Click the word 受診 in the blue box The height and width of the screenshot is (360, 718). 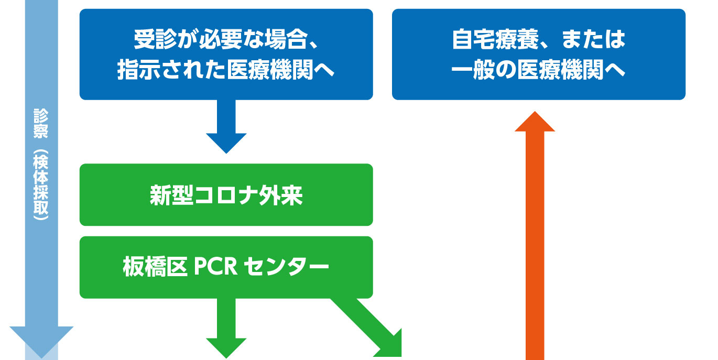(x=155, y=39)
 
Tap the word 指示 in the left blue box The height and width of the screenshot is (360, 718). (x=138, y=70)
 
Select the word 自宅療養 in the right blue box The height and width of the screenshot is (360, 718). (x=495, y=39)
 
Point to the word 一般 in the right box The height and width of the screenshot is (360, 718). (x=473, y=70)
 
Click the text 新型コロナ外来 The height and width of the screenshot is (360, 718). (x=226, y=195)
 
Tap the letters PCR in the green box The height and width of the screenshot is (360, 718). (x=216, y=267)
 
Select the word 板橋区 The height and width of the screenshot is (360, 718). (x=155, y=267)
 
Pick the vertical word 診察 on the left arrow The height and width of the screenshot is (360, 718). (x=41, y=124)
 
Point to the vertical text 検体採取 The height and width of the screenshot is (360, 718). (x=41, y=185)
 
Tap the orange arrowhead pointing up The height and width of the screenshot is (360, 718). (x=535, y=122)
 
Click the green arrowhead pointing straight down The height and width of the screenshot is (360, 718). (x=226, y=348)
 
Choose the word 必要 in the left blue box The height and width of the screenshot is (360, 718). (x=221, y=39)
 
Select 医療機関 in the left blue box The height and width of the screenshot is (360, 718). (x=270, y=70)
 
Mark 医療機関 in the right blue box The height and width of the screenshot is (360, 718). (x=561, y=70)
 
